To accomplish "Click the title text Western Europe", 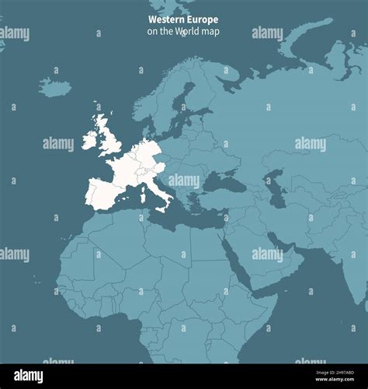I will [183, 19].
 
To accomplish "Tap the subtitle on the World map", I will [183, 31].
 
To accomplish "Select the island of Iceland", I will [54, 87].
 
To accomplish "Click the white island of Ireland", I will [90, 140].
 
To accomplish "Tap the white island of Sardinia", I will [142, 194].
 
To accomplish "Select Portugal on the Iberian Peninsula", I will [89, 194].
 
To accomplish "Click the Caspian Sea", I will [273, 187].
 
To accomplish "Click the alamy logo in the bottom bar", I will [30, 376].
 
